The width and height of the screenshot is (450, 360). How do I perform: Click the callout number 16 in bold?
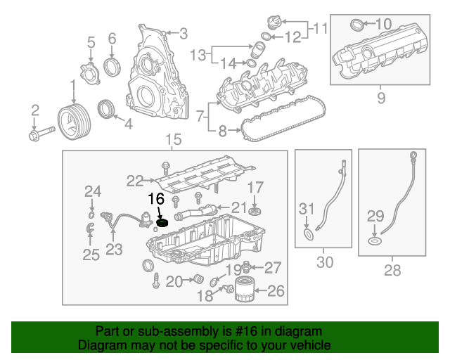pyautogui.click(x=155, y=199)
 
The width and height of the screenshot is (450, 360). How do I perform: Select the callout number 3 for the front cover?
pyautogui.click(x=184, y=33)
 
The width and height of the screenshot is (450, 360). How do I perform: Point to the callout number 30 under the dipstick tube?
pyautogui.click(x=324, y=262)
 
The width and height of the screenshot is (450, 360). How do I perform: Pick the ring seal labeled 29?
pyautogui.click(x=375, y=243)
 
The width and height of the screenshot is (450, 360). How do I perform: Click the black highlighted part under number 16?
pyautogui.click(x=162, y=224)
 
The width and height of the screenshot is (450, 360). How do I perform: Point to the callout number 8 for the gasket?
pyautogui.click(x=222, y=130)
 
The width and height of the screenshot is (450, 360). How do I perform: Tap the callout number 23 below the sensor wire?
pyautogui.click(x=114, y=248)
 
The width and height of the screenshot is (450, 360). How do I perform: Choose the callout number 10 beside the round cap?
pyautogui.click(x=383, y=24)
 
